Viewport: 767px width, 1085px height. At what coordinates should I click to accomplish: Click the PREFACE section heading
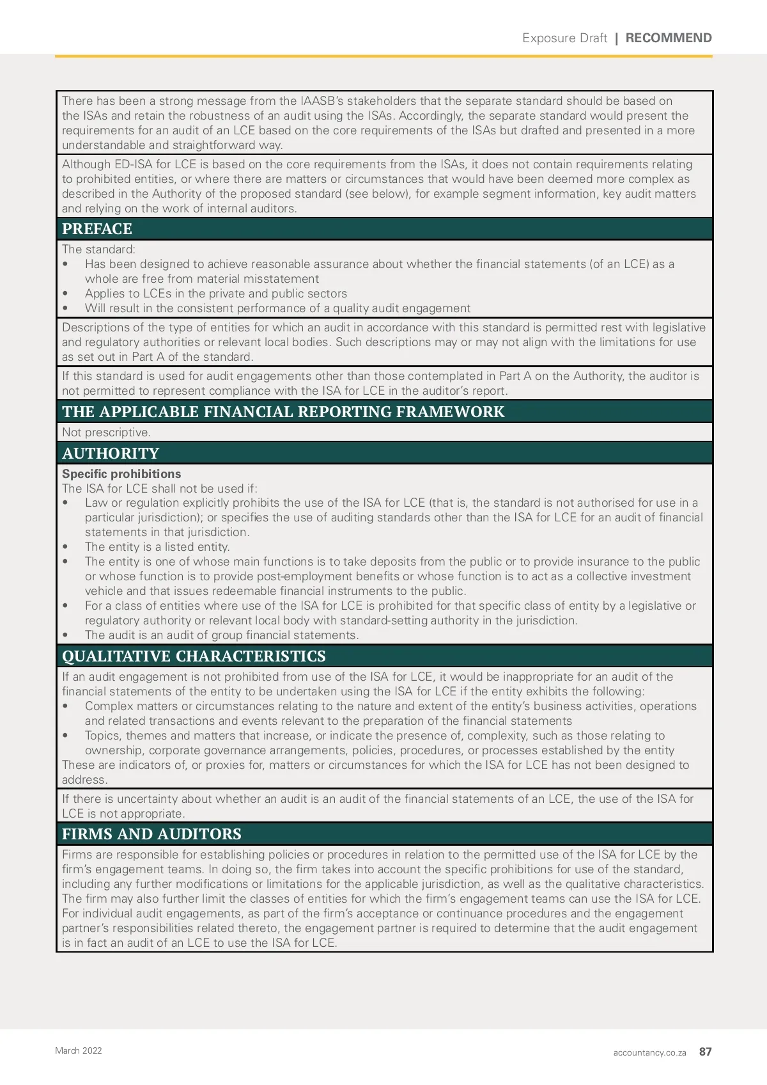[97, 229]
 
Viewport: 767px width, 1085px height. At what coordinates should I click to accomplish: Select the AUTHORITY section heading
[111, 454]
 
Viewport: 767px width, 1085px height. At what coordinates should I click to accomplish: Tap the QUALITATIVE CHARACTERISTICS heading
[194, 656]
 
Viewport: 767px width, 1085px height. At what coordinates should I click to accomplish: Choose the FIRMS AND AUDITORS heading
[151, 834]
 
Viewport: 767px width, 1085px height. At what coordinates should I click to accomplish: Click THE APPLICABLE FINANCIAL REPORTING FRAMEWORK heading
[283, 412]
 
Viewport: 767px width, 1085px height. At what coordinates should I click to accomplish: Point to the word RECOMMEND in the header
[668, 38]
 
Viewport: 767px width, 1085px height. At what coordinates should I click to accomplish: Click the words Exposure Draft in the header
[564, 38]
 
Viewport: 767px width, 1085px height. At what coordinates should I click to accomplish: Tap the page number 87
[705, 1052]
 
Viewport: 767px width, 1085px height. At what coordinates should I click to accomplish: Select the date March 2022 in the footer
[79, 1050]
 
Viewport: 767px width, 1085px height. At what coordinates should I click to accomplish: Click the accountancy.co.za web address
[649, 1052]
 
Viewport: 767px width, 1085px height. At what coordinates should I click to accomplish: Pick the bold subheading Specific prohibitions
[121, 474]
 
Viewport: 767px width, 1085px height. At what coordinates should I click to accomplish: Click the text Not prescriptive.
[106, 432]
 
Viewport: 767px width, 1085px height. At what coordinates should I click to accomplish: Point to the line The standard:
[98, 249]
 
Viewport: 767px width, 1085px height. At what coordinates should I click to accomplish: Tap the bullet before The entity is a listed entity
[66, 547]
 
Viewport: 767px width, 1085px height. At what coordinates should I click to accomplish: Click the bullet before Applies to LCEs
[66, 294]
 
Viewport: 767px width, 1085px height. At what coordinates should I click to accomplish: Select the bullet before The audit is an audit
[66, 635]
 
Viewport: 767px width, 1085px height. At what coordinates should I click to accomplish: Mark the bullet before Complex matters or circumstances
[66, 706]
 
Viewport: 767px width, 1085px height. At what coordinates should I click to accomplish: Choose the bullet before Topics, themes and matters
[66, 736]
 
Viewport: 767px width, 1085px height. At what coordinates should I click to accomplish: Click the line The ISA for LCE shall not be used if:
[159, 489]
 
